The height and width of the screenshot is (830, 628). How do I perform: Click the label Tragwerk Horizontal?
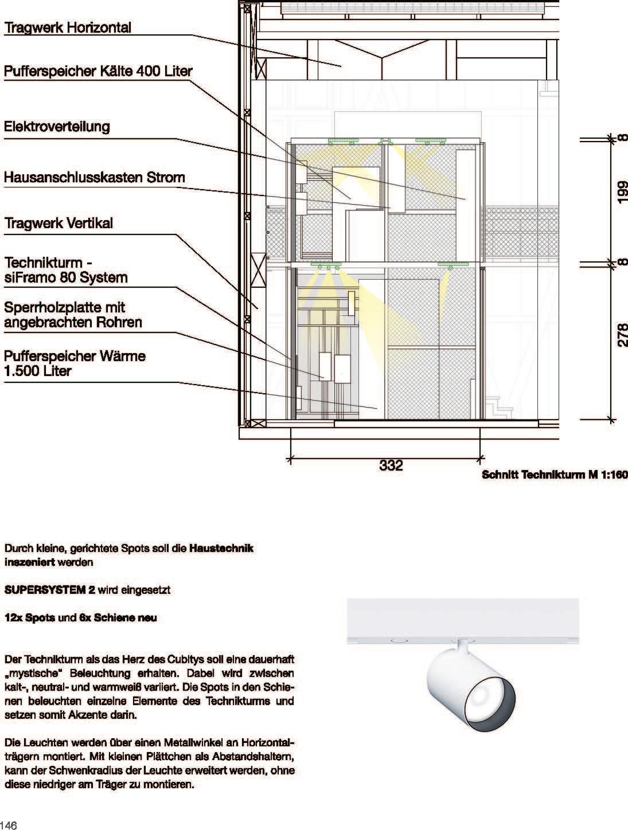pos(68,28)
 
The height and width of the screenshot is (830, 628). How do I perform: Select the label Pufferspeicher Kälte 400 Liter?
pos(98,72)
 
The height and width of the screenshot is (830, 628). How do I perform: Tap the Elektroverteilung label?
pos(57,127)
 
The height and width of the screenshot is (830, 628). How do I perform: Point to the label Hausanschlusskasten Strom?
pos(95,177)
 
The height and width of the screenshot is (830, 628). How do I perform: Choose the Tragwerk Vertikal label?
pos(58,223)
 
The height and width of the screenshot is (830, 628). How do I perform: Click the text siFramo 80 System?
pos(66,278)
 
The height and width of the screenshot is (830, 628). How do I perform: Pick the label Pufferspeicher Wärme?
pos(75,356)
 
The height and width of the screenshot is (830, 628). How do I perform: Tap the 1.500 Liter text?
pos(38,371)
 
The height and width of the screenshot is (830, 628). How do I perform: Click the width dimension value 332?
pos(391,465)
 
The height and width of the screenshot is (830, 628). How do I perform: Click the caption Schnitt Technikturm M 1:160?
pos(555,475)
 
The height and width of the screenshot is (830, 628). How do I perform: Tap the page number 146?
pos(9,825)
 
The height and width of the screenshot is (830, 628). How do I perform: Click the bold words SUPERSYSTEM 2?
pos(50,590)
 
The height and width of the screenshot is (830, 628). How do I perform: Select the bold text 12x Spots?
pos(29,618)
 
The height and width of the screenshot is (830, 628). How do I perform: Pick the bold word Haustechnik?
pos(221,548)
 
